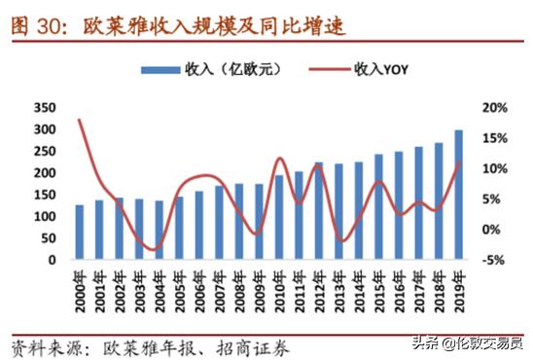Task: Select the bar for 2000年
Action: (80, 233)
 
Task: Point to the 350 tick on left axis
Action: (45, 108)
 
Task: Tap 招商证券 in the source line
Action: (255, 342)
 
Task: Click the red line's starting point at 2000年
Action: (80, 120)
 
